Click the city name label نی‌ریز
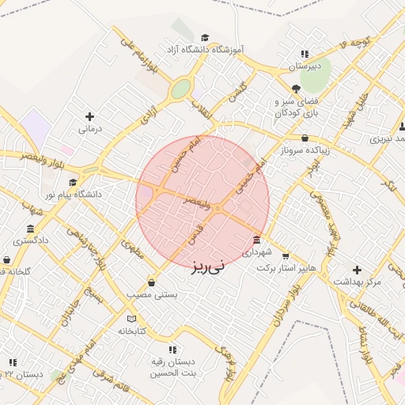[207, 266]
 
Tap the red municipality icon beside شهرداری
[257, 240]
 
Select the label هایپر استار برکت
[286, 268]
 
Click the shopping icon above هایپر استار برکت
[286, 256]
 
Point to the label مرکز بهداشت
[357, 282]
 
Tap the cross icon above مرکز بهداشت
[357, 270]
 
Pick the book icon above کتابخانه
[132, 319]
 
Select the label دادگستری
[31, 239]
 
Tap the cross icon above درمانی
[89, 116]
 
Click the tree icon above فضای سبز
[296, 89]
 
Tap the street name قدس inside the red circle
[195, 232]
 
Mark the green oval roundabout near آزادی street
[181, 89]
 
